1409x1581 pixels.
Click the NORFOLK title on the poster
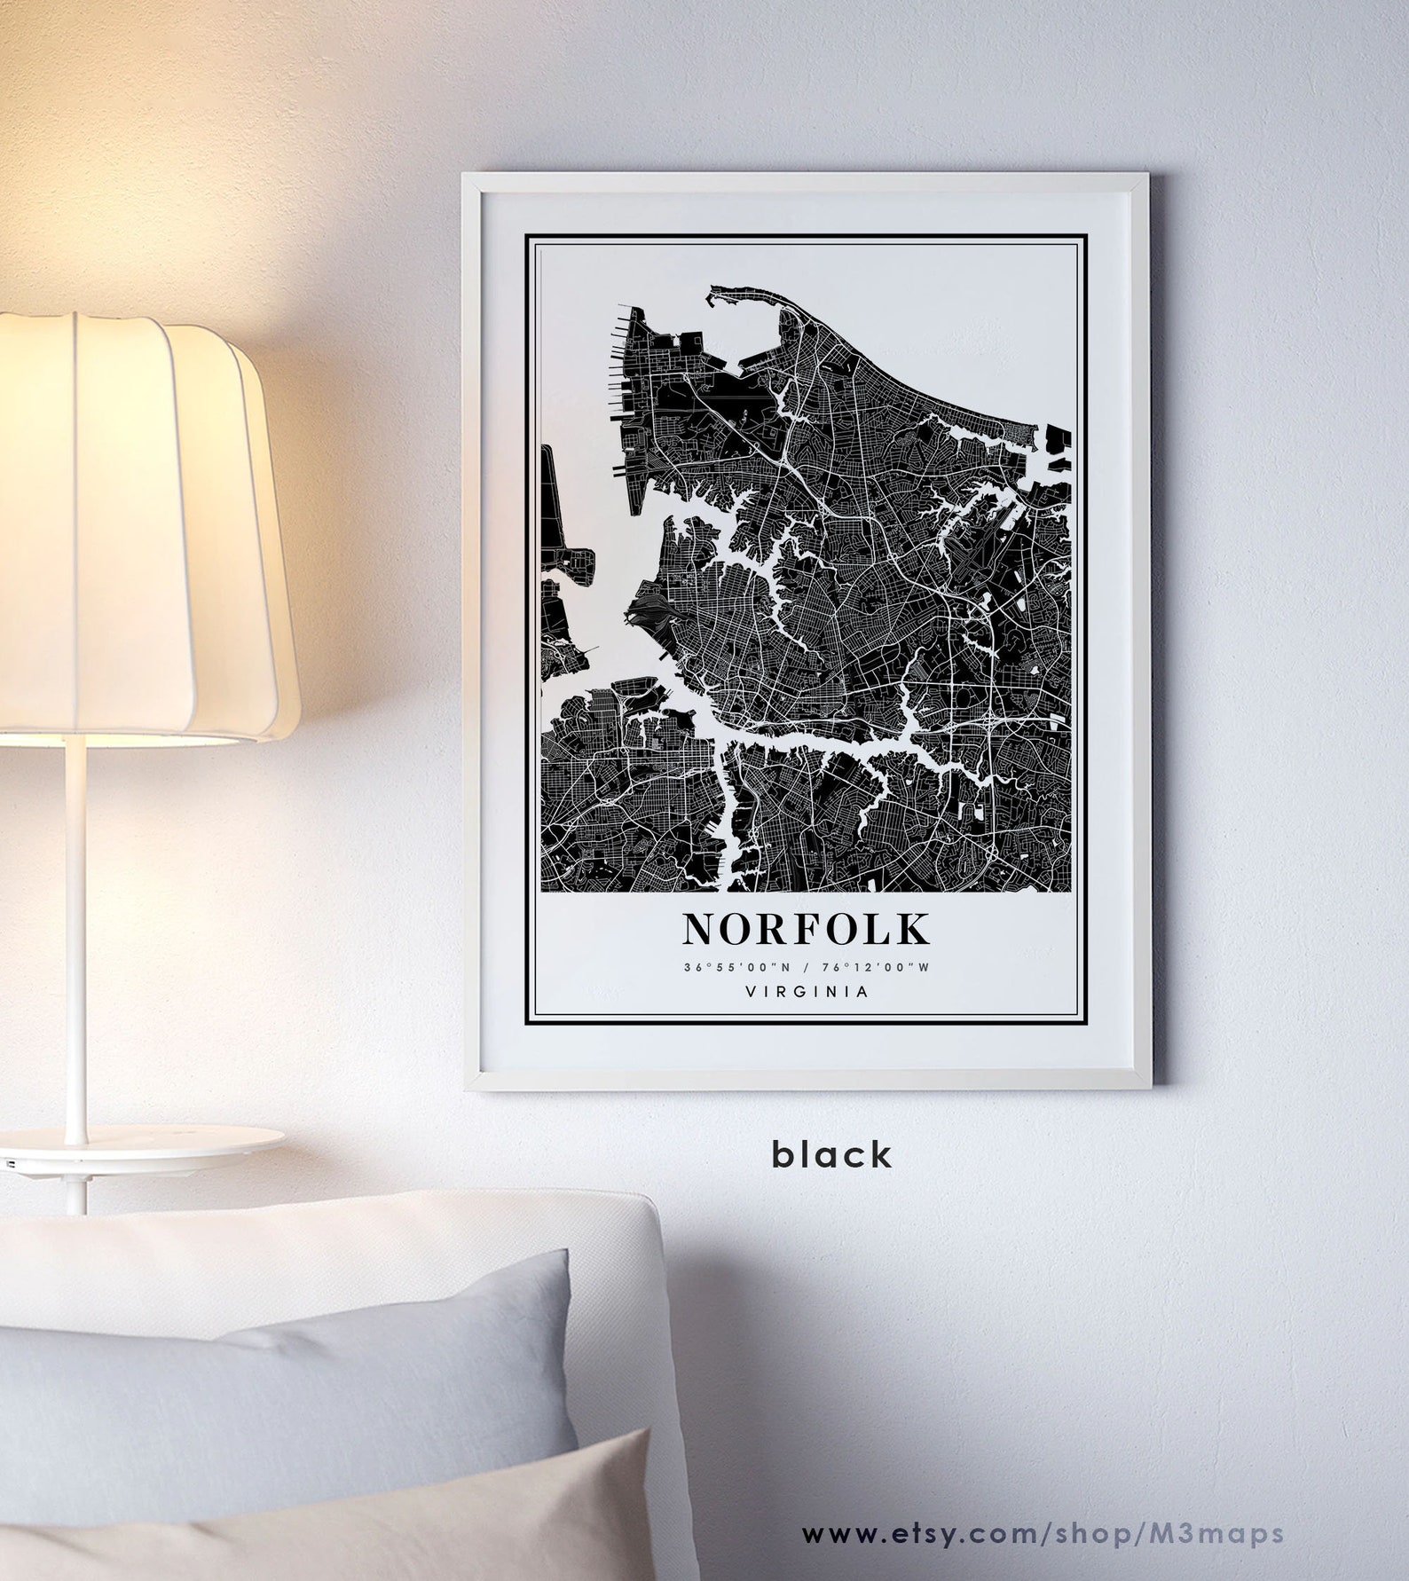point(807,929)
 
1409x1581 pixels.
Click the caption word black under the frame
point(831,1154)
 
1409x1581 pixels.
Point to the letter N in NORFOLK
point(699,929)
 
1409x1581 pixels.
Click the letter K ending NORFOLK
point(915,929)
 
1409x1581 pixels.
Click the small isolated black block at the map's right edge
point(1059,439)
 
